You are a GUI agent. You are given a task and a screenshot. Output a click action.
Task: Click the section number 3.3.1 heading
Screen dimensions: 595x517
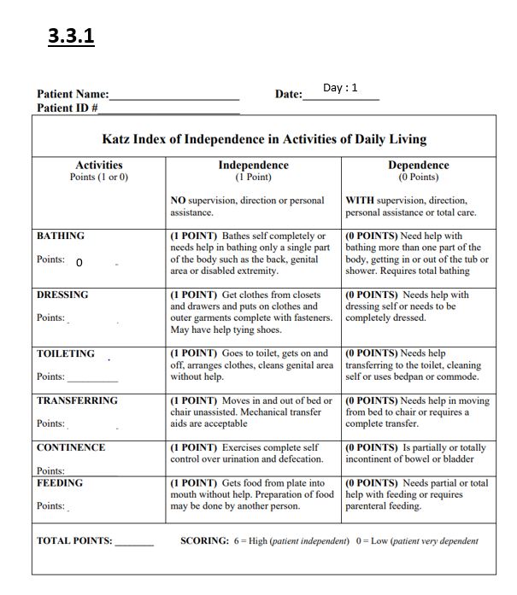click(72, 38)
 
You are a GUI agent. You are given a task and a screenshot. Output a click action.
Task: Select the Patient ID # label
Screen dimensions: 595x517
click(68, 108)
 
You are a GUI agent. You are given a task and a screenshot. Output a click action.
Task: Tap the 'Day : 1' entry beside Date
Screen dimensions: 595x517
click(340, 88)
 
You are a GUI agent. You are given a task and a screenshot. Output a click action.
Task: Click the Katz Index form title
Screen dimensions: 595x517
click(264, 139)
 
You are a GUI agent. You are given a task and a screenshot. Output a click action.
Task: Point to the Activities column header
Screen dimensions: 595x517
click(99, 166)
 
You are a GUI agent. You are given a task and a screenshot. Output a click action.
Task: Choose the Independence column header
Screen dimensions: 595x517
click(253, 166)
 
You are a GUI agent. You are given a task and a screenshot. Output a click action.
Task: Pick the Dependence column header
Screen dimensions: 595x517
click(418, 166)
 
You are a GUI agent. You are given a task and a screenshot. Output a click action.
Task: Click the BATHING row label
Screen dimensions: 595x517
click(61, 236)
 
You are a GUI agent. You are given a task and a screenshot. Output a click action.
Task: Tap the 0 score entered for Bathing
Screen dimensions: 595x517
click(79, 263)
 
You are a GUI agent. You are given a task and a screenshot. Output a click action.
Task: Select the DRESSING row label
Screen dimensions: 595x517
click(62, 295)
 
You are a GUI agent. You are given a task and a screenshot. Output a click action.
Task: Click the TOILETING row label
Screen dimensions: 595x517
click(66, 353)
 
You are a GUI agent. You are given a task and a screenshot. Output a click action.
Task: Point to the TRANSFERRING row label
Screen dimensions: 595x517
click(77, 400)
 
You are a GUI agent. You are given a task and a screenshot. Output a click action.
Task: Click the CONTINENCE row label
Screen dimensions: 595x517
click(71, 447)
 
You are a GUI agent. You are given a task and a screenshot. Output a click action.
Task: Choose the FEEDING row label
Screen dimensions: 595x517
click(60, 483)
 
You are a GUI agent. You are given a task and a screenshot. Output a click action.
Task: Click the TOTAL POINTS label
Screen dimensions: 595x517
click(74, 541)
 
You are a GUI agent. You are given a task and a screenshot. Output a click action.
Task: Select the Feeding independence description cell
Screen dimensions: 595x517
click(252, 494)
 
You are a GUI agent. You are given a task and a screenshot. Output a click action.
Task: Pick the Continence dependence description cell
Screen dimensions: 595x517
click(417, 453)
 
